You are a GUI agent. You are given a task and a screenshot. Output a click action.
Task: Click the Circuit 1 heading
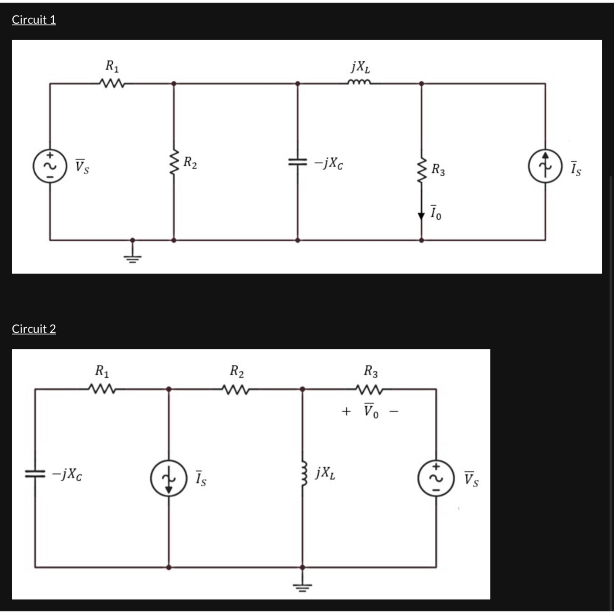tap(34, 20)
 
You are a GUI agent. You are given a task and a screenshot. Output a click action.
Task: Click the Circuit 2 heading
tap(34, 329)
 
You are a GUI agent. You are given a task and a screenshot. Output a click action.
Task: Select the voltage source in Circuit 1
tap(50, 166)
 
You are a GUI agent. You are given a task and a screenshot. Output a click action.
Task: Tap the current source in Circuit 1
tap(545, 166)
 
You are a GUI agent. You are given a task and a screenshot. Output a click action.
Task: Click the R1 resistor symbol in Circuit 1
tap(112, 84)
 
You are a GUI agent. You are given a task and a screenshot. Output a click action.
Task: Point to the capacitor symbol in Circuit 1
tap(297, 162)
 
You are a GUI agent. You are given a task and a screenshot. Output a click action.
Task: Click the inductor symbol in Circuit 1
tap(359, 83)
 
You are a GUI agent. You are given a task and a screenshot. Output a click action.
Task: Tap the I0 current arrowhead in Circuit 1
tap(422, 216)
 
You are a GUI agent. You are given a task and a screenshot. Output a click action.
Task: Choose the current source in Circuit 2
tap(168, 478)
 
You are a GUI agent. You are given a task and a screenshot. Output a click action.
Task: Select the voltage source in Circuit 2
tap(436, 478)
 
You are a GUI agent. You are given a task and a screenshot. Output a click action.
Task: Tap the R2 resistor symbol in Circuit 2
tap(236, 389)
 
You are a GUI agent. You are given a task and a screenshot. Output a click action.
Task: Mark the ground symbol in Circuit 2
tap(302, 586)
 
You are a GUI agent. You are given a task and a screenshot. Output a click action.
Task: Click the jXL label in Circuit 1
tap(360, 67)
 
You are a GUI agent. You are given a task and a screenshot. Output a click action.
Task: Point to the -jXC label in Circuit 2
tap(67, 475)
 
